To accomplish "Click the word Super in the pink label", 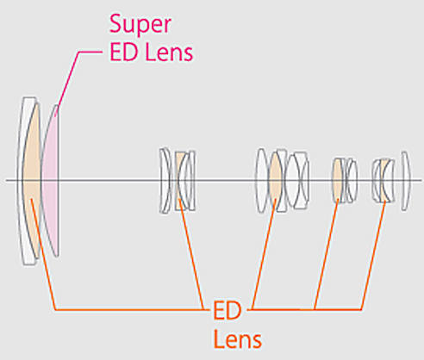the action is (140, 25).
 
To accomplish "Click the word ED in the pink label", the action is (123, 53).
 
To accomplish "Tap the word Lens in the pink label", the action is (169, 53).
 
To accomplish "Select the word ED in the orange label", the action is (227, 310).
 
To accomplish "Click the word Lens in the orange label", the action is (238, 339).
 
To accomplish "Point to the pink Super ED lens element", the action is (51, 181).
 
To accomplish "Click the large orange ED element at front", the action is (32, 181).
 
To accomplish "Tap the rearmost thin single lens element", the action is (405, 181).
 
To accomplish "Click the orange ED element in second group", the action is (179, 181).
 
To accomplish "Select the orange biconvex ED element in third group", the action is (276, 181).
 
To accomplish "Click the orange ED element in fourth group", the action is (338, 181).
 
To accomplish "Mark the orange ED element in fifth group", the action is (384, 181).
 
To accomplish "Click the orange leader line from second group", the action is (191, 254).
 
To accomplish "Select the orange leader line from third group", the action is (264, 254).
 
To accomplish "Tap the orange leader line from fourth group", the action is (327, 254).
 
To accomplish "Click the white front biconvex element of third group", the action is (261, 181).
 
